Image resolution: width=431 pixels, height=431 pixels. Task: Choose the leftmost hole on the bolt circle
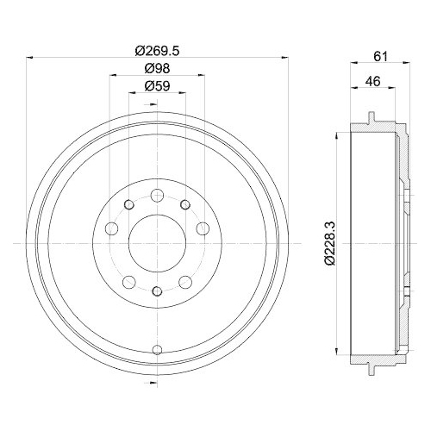tap(110, 228)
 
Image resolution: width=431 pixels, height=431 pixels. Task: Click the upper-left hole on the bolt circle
tap(128, 204)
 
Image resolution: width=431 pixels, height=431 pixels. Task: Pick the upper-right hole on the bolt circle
tap(184, 204)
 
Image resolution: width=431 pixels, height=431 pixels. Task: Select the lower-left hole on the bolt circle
tap(128, 281)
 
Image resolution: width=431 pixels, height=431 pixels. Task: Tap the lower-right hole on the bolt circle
tap(184, 281)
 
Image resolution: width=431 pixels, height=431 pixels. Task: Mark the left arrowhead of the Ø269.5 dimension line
tap(32, 59)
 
